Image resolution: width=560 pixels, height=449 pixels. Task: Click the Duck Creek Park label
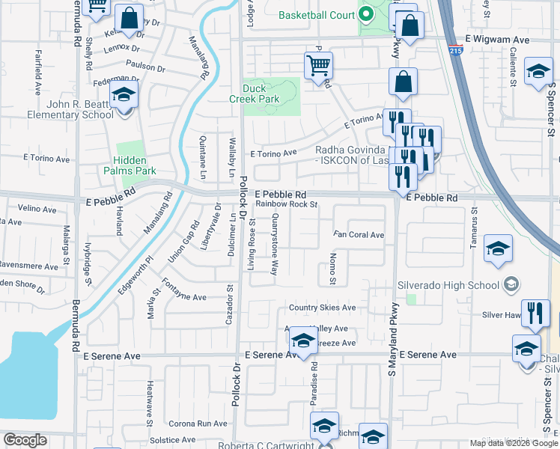click(271, 93)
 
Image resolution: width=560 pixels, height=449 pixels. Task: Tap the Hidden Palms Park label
click(135, 165)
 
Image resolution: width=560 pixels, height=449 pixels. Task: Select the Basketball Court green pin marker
click(366, 13)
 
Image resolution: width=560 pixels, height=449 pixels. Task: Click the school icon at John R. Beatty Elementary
click(124, 96)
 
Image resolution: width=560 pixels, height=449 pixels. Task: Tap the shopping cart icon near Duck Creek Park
click(318, 66)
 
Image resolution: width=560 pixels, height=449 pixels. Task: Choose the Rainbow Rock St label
click(287, 204)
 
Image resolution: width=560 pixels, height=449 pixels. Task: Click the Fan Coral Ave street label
click(359, 235)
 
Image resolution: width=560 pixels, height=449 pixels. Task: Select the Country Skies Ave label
click(322, 308)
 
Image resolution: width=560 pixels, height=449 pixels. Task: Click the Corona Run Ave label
click(198, 424)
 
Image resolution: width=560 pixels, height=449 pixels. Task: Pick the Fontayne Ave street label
click(184, 297)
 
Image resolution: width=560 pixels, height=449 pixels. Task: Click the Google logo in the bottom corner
click(25, 439)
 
